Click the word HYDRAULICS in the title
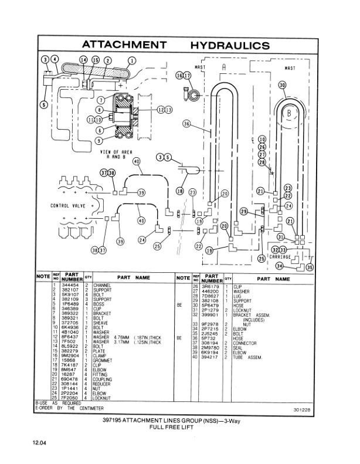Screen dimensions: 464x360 (x=230, y=45)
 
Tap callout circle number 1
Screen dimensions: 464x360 (x=131, y=60)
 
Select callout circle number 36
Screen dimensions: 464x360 (x=186, y=124)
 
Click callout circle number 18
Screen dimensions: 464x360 (x=179, y=192)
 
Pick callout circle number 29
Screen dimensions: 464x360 (x=243, y=211)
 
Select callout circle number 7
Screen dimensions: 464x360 (x=101, y=100)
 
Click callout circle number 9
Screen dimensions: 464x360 (x=99, y=140)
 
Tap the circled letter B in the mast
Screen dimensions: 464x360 (x=288, y=112)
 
